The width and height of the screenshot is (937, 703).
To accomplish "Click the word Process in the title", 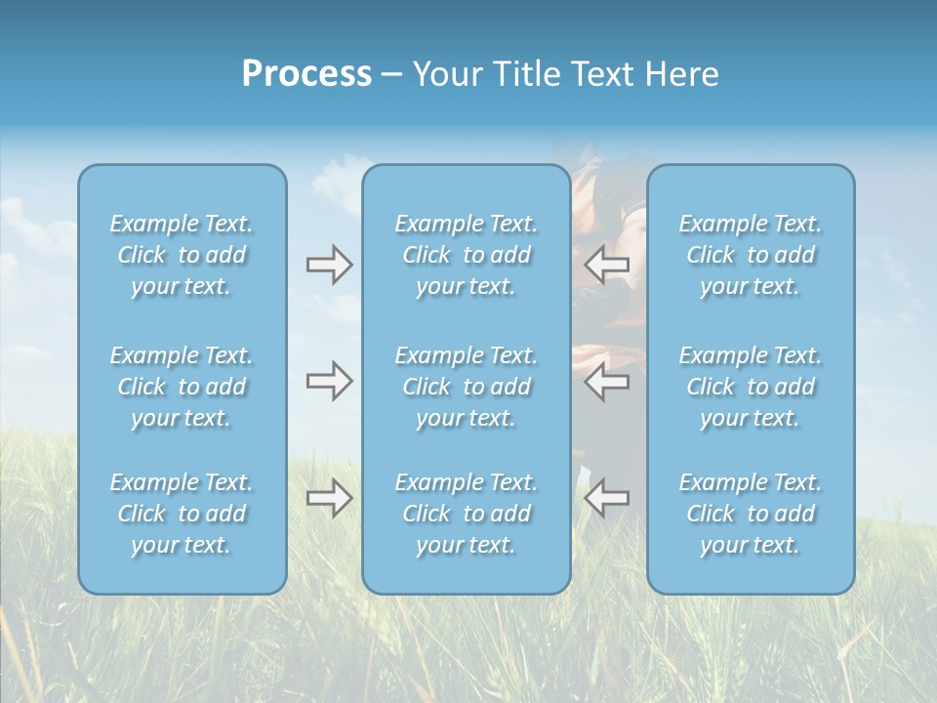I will [306, 74].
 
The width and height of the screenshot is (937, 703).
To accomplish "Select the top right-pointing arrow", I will [329, 265].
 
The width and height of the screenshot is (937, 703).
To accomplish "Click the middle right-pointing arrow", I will [329, 381].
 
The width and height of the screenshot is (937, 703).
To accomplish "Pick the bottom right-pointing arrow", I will [329, 498].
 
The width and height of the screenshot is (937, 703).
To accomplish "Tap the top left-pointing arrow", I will [606, 265].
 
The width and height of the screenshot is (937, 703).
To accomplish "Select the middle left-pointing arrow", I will [606, 381].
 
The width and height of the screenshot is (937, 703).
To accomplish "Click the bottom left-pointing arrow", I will [606, 498].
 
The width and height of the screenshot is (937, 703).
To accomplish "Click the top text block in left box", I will [182, 255].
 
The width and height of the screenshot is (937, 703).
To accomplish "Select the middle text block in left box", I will [182, 387].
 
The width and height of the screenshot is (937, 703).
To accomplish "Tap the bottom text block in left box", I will [182, 514].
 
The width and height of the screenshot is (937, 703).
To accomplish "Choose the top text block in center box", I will [466, 255].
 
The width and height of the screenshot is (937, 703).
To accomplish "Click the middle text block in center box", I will [466, 387].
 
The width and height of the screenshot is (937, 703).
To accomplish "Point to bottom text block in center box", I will [466, 514].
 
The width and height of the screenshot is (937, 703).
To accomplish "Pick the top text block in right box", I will [750, 255].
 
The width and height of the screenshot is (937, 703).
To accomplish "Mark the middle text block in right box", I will [750, 387].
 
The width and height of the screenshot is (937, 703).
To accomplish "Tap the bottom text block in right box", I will [750, 514].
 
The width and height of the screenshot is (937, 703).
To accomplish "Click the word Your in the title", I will [446, 74].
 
